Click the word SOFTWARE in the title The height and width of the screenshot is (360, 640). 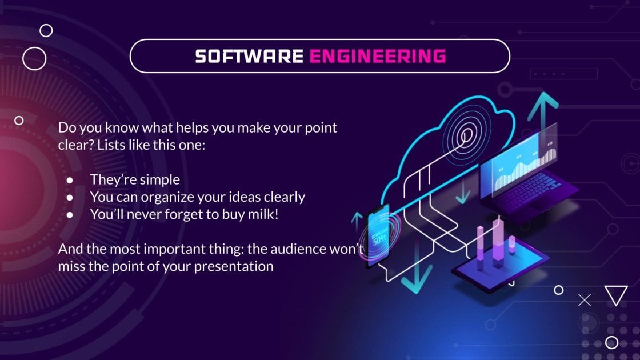249,56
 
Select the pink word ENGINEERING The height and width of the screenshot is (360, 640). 377,56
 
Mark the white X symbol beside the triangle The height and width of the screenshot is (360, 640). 585,300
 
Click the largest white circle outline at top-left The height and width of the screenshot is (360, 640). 34,58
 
